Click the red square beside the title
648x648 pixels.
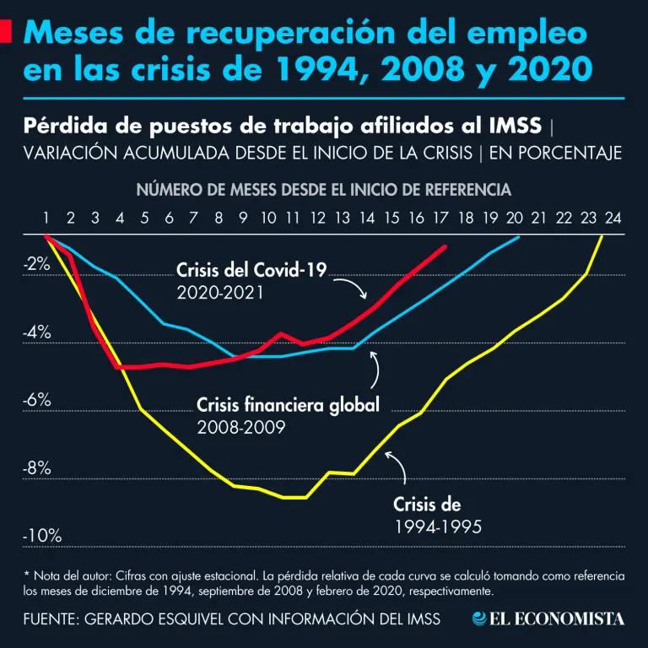[6, 32]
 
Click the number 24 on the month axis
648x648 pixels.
[613, 219]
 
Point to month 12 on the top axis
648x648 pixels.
[318, 219]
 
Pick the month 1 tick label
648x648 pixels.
[46, 219]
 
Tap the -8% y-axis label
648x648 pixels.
[37, 468]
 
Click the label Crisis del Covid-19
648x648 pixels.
[251, 271]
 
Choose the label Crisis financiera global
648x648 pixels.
[288, 405]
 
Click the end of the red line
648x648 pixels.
[445, 246]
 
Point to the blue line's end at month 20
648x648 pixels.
[518, 237]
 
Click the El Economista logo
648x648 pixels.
[548, 619]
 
